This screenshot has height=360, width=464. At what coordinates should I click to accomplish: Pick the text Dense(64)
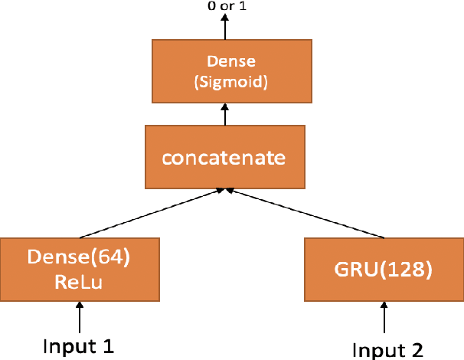(79, 258)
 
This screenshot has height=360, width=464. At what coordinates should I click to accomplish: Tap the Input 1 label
(79, 345)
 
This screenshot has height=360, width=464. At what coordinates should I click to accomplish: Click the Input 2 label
(387, 349)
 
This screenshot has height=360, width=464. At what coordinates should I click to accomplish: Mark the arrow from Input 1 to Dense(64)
(79, 316)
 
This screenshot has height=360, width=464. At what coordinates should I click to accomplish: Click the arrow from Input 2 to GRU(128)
(384, 317)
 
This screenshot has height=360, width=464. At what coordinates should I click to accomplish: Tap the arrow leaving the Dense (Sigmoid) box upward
(225, 28)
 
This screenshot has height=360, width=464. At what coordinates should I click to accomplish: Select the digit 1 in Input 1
(108, 345)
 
